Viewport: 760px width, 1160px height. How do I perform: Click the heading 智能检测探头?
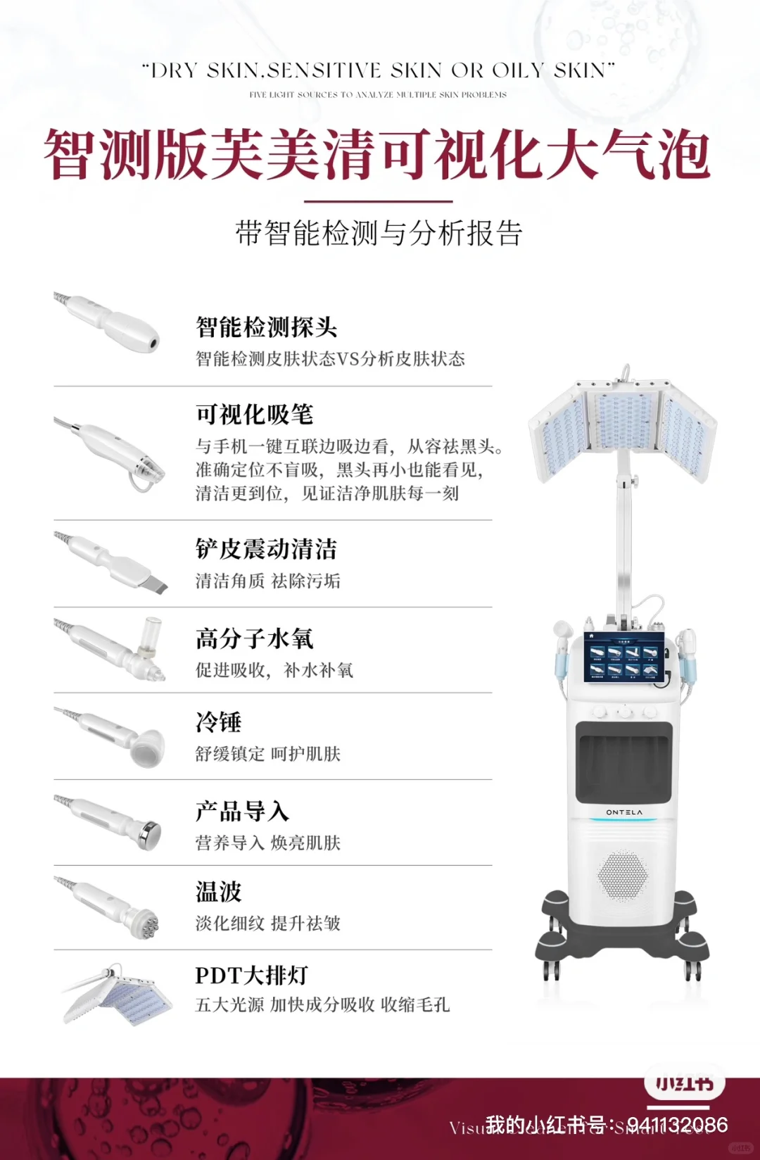point(266,327)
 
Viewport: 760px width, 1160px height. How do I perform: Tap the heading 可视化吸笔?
point(254,415)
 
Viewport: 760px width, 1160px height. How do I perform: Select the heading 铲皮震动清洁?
point(266,549)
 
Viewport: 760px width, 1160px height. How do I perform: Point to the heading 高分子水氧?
point(254,638)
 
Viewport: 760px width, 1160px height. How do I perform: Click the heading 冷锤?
point(218,722)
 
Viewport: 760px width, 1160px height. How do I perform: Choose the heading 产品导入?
point(242,811)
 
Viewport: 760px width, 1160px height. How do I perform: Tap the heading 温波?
point(218,892)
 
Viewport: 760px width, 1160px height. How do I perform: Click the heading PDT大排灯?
point(251,976)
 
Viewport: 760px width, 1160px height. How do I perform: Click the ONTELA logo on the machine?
point(624,812)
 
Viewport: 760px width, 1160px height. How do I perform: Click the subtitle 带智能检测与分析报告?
point(379,233)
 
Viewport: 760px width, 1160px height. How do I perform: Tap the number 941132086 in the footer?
point(677,1124)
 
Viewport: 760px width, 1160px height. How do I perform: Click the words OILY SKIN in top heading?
point(553,70)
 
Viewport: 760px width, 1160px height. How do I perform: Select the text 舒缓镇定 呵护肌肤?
point(267,754)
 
